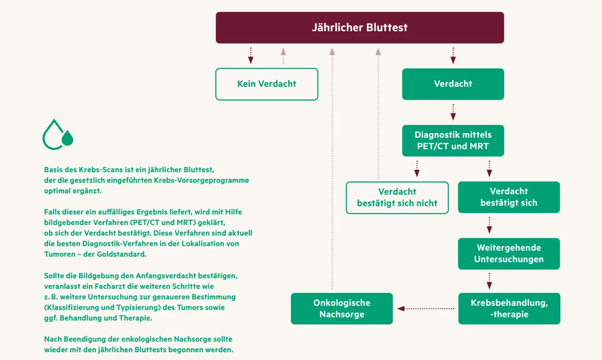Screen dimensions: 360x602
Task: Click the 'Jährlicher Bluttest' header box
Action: click(x=360, y=28)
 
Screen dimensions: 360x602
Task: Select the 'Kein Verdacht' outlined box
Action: click(x=267, y=84)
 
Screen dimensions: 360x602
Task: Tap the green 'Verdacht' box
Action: click(x=453, y=84)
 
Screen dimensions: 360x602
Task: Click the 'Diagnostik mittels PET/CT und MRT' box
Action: click(x=453, y=141)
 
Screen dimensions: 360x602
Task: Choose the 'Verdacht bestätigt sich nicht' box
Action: click(x=397, y=197)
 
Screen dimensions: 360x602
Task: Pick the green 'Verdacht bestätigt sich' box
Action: click(x=508, y=197)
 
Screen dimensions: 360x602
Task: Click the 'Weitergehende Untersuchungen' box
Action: click(x=508, y=253)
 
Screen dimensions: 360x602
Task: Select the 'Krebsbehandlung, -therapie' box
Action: click(x=509, y=309)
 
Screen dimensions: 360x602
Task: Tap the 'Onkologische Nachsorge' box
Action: click(x=342, y=309)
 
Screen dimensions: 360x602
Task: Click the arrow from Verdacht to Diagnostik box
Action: click(x=453, y=112)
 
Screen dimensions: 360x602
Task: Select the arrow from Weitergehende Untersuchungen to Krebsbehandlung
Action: click(x=489, y=281)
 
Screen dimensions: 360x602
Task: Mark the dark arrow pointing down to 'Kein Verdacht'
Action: click(x=251, y=55)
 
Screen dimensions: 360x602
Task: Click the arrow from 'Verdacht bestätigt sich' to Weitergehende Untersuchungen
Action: click(x=489, y=225)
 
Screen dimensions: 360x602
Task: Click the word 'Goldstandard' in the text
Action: click(x=124, y=254)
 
